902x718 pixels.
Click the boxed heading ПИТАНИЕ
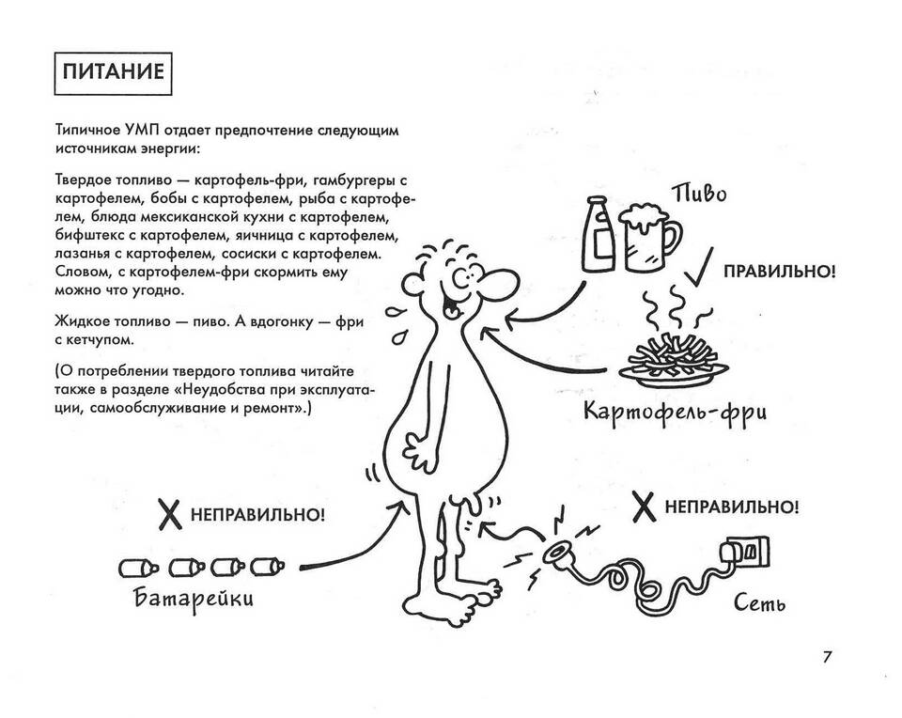(114, 73)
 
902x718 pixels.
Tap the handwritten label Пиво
(699, 194)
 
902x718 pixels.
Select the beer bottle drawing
(598, 234)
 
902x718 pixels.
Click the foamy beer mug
(649, 237)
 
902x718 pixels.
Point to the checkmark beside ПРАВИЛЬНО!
(698, 268)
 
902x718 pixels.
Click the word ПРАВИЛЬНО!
(779, 272)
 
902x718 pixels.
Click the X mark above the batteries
(170, 514)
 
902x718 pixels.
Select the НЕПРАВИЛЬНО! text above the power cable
(732, 507)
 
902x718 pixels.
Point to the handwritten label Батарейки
(194, 599)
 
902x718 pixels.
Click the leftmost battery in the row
(138, 569)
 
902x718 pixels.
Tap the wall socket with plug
(745, 554)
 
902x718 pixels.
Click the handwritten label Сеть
(760, 603)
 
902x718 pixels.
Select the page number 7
(827, 657)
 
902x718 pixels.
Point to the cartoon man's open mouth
(453, 306)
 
